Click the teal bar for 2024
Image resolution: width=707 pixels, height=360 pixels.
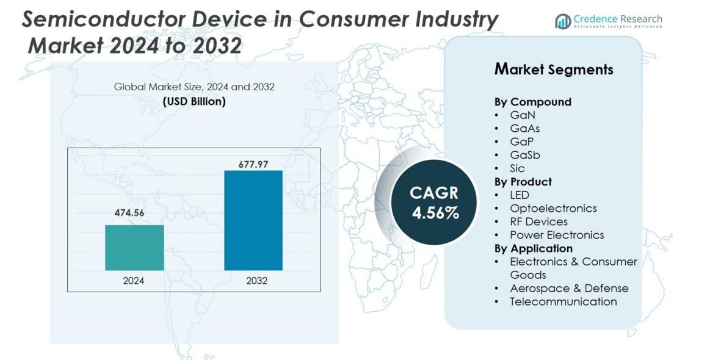[x=134, y=248]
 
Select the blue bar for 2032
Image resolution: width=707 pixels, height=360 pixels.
[x=253, y=220]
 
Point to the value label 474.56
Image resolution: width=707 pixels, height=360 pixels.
[x=129, y=213]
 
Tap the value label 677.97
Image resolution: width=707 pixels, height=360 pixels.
[x=249, y=164]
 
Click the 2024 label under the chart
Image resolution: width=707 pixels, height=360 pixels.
[x=134, y=281]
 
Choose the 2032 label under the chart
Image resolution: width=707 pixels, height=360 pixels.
[x=256, y=281]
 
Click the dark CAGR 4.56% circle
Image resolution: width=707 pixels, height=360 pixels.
[x=434, y=203]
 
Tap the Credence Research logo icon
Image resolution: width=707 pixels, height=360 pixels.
[x=562, y=21]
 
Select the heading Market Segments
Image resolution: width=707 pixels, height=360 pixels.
[x=553, y=70]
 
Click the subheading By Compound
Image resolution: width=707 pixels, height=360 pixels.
[x=532, y=102]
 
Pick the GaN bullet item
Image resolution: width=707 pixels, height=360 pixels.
[x=523, y=115]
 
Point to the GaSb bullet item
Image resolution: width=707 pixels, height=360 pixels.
[x=524, y=155]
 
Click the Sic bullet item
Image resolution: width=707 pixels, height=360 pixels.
[x=517, y=168]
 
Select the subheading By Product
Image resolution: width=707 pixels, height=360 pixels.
[x=523, y=182]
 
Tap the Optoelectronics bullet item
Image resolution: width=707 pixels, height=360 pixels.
[x=553, y=208]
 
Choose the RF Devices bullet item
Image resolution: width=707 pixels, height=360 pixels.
[x=538, y=221]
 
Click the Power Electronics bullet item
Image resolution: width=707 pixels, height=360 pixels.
[x=557, y=235]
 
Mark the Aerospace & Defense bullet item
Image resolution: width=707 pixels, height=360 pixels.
[x=569, y=288]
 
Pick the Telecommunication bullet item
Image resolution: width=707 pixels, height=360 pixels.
[x=563, y=301]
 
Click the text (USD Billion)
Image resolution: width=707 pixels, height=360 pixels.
[x=194, y=101]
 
